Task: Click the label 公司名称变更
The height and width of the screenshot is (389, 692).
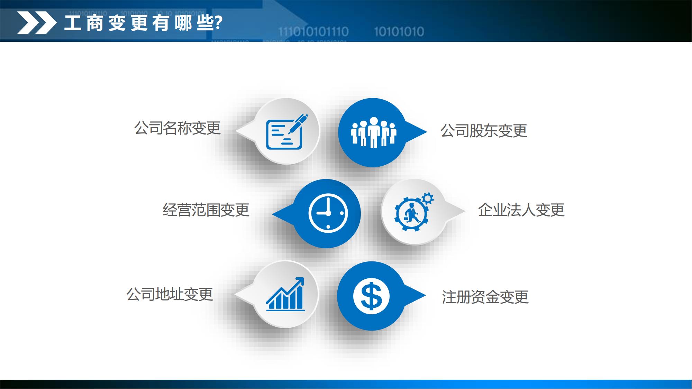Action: pyautogui.click(x=177, y=128)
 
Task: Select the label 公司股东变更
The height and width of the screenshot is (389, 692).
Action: pyautogui.click(x=484, y=131)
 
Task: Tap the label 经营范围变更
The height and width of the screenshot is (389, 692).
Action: pyautogui.click(x=206, y=210)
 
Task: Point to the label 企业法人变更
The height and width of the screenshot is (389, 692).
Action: pyautogui.click(x=521, y=210)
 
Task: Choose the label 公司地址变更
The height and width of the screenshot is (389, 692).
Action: pyautogui.click(x=170, y=294)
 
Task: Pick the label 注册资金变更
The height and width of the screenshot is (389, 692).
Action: pyautogui.click(x=485, y=297)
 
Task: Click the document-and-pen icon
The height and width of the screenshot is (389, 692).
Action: pyautogui.click(x=287, y=132)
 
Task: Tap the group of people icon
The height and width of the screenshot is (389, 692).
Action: pyautogui.click(x=373, y=132)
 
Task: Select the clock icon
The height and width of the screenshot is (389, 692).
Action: pyautogui.click(x=328, y=213)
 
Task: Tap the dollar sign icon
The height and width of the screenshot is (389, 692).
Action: pyautogui.click(x=371, y=296)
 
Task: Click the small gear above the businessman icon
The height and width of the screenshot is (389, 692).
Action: pyautogui.click(x=428, y=198)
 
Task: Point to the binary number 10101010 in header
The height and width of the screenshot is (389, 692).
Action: pyautogui.click(x=399, y=32)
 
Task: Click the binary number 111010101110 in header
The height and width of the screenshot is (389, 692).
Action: pyautogui.click(x=313, y=32)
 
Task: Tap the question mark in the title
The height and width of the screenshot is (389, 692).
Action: pyautogui.click(x=218, y=23)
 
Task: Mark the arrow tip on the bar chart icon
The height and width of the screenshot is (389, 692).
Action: pyautogui.click(x=303, y=278)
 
